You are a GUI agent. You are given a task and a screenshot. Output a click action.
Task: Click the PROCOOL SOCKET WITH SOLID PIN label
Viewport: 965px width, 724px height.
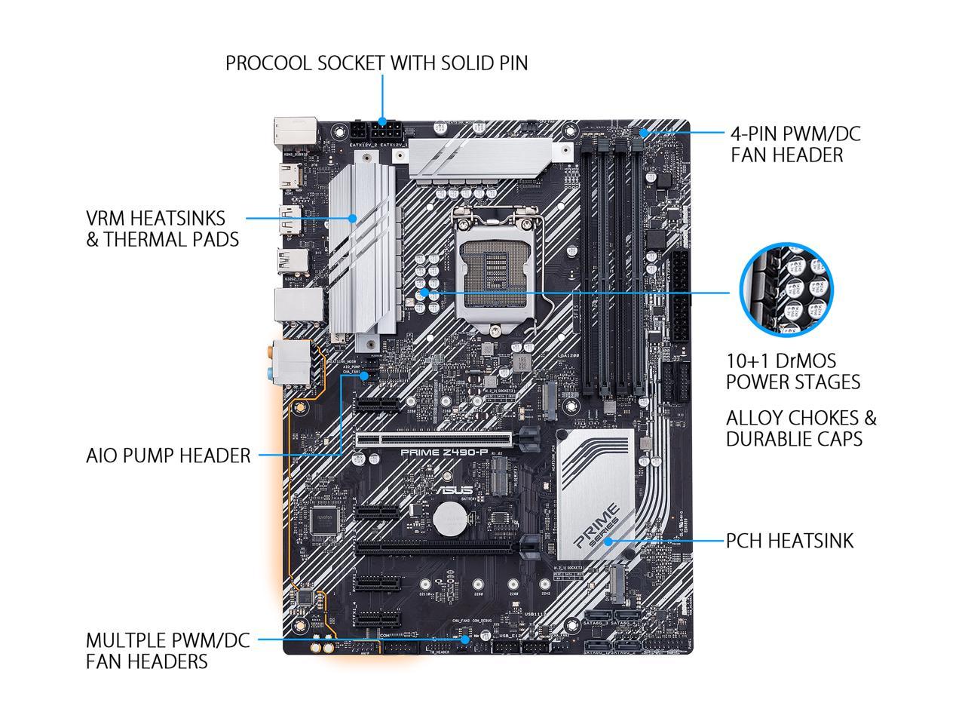(x=376, y=63)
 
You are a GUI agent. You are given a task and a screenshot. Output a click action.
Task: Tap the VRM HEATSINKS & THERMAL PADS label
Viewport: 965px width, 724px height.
(x=162, y=229)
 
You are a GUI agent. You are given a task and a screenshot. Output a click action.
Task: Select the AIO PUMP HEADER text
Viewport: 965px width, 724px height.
(x=168, y=456)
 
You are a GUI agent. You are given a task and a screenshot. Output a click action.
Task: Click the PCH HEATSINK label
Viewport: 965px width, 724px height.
(x=789, y=541)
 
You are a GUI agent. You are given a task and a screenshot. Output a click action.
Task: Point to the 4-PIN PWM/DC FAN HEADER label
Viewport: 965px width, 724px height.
(x=795, y=144)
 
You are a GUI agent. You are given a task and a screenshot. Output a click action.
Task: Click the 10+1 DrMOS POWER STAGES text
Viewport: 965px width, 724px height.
(x=792, y=371)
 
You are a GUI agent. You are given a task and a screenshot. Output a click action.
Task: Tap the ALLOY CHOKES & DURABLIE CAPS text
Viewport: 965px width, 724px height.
(x=801, y=428)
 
